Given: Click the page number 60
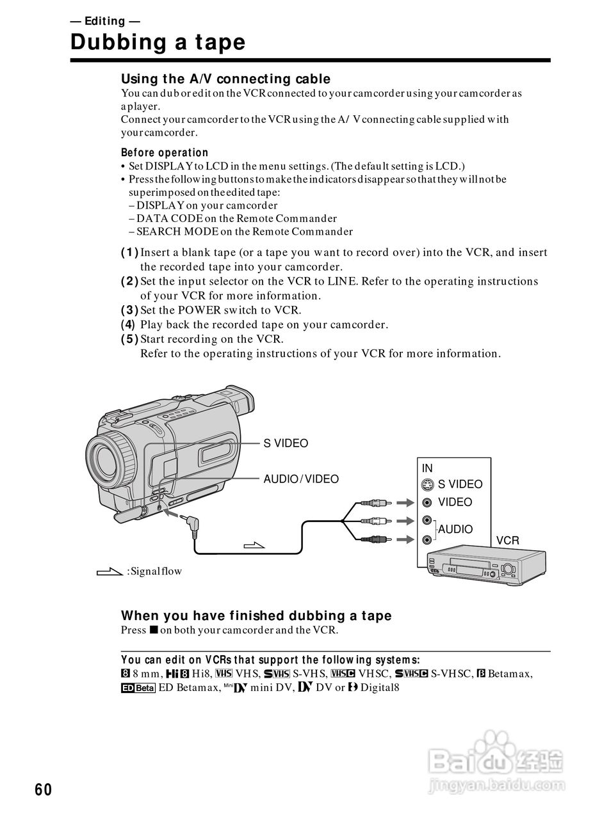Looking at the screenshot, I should [x=43, y=790].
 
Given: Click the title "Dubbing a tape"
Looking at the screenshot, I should [x=158, y=42].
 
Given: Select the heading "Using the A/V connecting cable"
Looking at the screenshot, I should [x=225, y=79].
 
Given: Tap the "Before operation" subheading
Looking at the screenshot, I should [x=165, y=152].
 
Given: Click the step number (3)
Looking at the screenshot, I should [x=129, y=310].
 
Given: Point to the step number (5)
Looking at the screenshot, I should [x=129, y=339].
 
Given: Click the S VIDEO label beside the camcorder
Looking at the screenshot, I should [x=286, y=443].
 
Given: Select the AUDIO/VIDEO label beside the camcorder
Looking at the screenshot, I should [x=301, y=479].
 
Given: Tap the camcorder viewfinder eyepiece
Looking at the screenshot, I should [x=240, y=402].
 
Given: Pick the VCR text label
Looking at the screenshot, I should [x=507, y=541].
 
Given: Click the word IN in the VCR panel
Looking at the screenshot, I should [x=427, y=468].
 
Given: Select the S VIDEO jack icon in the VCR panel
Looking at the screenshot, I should [x=428, y=485].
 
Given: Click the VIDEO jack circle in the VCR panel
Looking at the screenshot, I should [x=428, y=502].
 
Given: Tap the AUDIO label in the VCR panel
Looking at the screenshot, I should [x=455, y=529].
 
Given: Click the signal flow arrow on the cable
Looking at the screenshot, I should [x=254, y=545].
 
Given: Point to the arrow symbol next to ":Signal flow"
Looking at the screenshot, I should [x=109, y=571].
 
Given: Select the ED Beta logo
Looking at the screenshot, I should [x=138, y=688].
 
